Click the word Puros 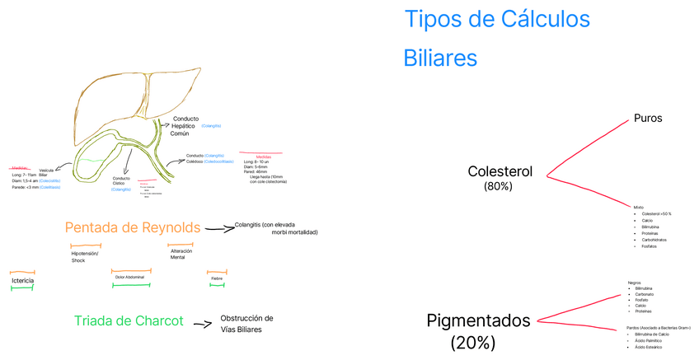click(x=648, y=119)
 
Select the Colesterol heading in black click(x=500, y=172)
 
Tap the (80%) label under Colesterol click(x=498, y=187)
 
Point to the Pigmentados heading click(x=479, y=321)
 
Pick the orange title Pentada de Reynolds click(x=133, y=227)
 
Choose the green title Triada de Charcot click(x=128, y=321)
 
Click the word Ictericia click(x=22, y=281)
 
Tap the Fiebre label click(x=217, y=278)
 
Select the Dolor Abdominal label click(x=130, y=278)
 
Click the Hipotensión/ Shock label click(x=85, y=257)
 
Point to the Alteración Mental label click(x=181, y=254)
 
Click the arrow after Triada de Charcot click(x=203, y=325)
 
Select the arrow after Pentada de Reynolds click(x=218, y=229)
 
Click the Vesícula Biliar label click(x=46, y=173)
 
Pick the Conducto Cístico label click(x=121, y=182)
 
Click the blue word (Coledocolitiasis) click(x=218, y=162)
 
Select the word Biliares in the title click(x=439, y=58)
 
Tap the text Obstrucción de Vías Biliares click(x=246, y=324)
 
